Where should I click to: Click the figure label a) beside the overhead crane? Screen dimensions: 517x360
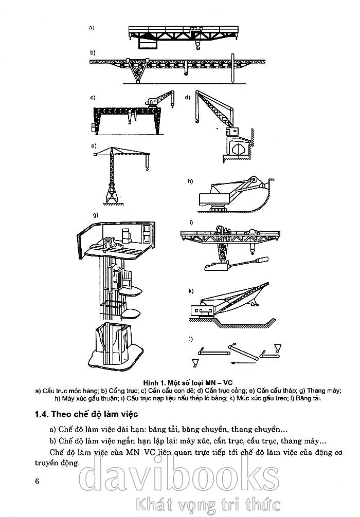92,28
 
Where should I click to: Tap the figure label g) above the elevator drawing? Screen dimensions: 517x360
96,215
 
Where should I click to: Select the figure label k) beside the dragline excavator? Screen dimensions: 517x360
191,291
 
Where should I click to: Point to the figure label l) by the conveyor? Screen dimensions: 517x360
191,338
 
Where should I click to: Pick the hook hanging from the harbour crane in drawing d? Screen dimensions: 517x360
196,122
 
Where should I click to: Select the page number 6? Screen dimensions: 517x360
37,481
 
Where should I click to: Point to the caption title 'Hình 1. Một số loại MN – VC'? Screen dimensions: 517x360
188,383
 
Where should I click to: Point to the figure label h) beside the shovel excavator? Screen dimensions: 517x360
190,181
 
